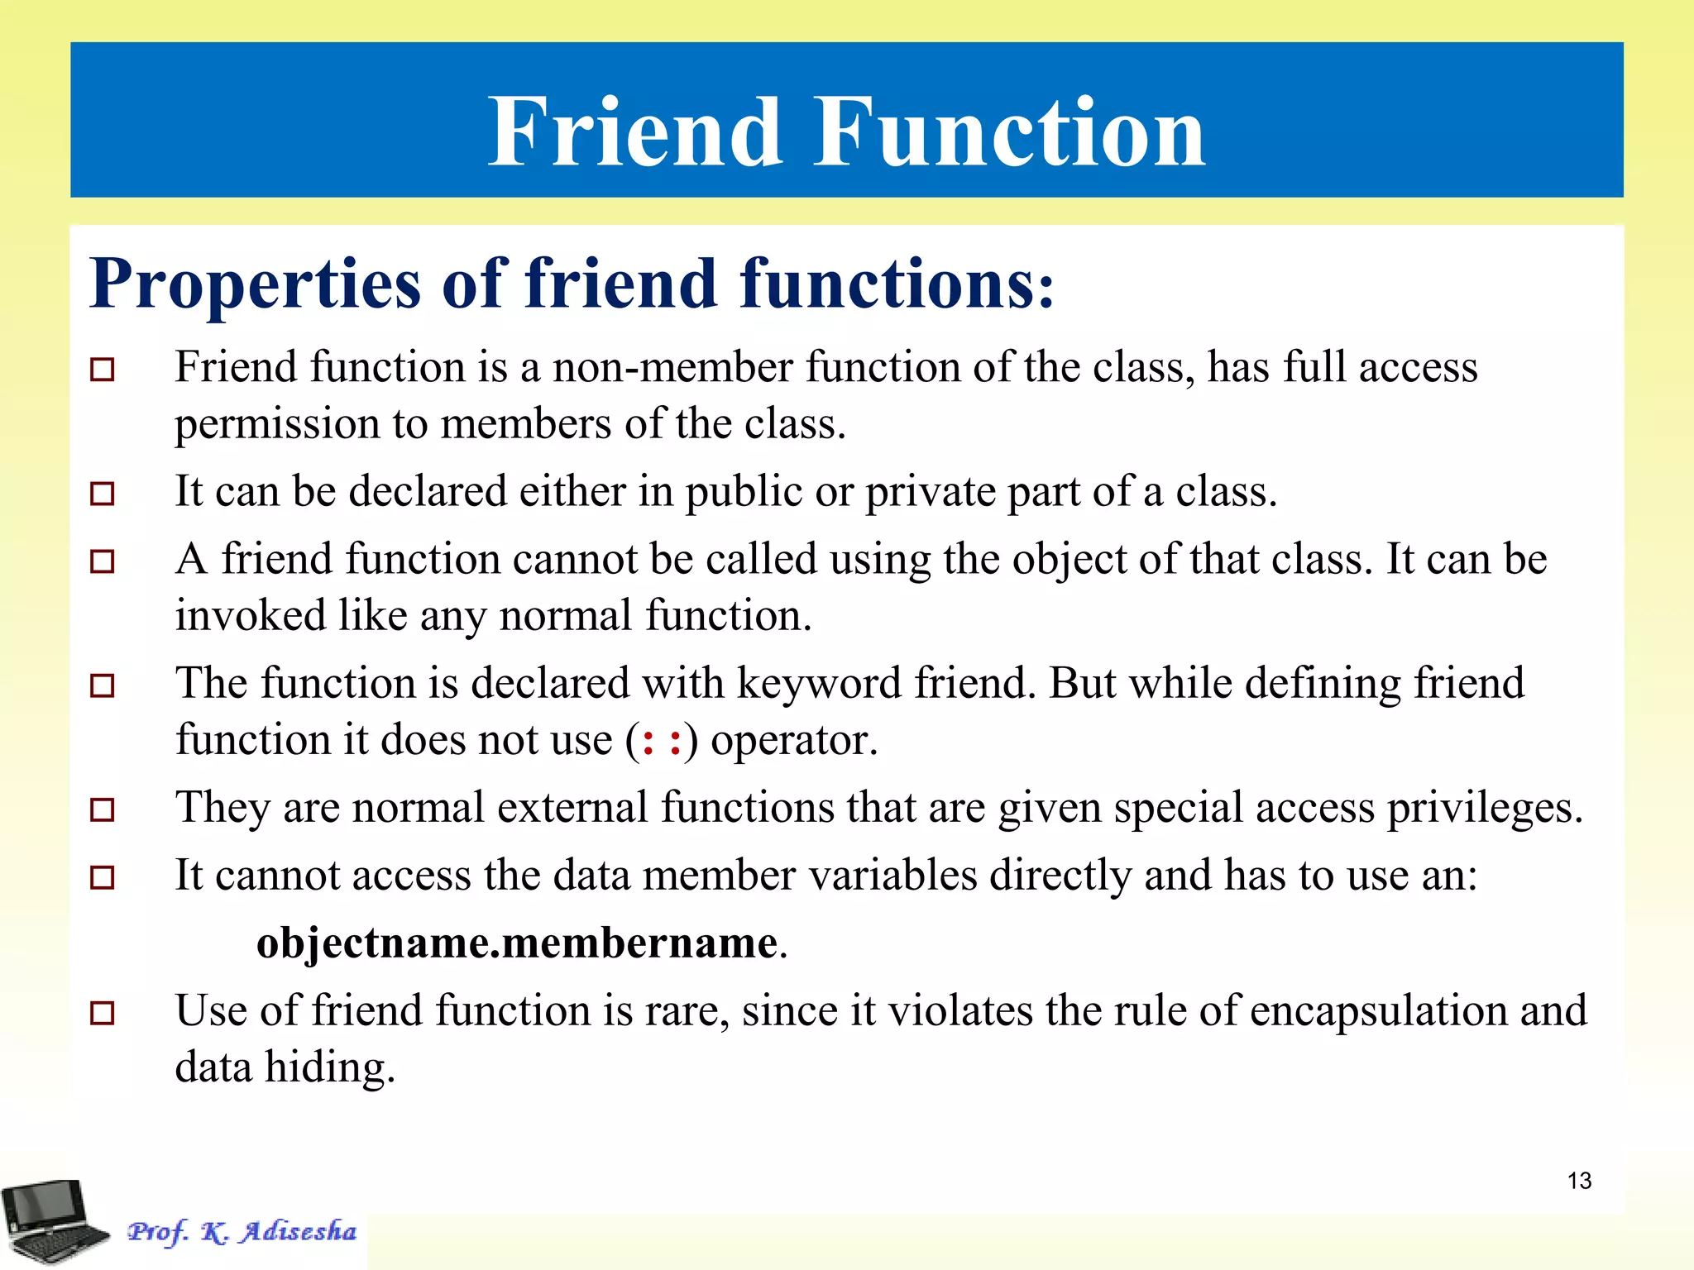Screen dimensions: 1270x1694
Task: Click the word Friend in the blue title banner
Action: click(634, 132)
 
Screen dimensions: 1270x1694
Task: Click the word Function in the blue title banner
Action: click(1010, 132)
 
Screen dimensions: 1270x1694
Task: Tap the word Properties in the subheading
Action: click(256, 284)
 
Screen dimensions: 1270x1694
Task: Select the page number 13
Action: click(1579, 1181)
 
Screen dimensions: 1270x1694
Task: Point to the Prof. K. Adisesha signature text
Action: click(242, 1231)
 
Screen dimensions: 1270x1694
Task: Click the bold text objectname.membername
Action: click(518, 943)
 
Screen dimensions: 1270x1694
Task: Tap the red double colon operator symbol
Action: click(662, 740)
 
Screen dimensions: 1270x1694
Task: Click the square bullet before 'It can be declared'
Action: click(102, 494)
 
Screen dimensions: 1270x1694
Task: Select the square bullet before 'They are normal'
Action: click(102, 809)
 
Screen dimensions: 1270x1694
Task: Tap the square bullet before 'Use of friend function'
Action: click(102, 1013)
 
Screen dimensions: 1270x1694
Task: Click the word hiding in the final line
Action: click(330, 1067)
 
